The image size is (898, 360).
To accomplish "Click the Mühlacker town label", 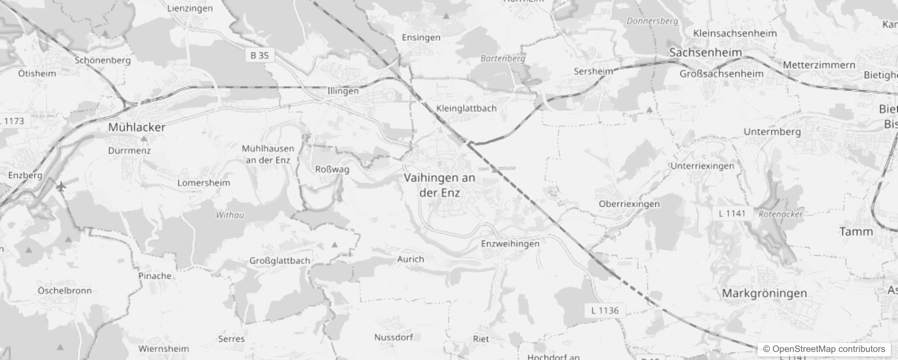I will pos(137,127).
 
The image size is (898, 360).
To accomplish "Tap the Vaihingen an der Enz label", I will pos(439,185).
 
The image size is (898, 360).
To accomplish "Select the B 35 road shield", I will pos(260,55).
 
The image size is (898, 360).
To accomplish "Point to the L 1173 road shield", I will pos(13,121).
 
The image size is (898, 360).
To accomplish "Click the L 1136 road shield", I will pos(605,310).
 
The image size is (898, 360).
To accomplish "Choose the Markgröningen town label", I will pos(764,293).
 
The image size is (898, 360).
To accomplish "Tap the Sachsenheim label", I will pos(705,53).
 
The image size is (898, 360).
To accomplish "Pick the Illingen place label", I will pos(343,91).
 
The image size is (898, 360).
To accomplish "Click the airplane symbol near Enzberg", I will pos(61,185).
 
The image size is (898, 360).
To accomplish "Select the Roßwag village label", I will pos(332,169).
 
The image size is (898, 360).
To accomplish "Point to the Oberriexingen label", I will pos(629,204).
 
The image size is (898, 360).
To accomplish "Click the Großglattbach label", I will pos(279,261).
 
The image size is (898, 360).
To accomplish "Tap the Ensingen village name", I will pos(421,37).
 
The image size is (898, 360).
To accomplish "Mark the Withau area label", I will pos(230,215).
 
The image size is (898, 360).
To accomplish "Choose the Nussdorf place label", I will pos(393,337).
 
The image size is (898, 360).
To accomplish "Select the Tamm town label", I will pos(856,232).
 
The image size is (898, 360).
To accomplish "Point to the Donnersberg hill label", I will pos(652,21).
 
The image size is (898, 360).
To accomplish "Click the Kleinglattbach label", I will pos(466,108).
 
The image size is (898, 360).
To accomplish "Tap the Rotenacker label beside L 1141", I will pos(781,214).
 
